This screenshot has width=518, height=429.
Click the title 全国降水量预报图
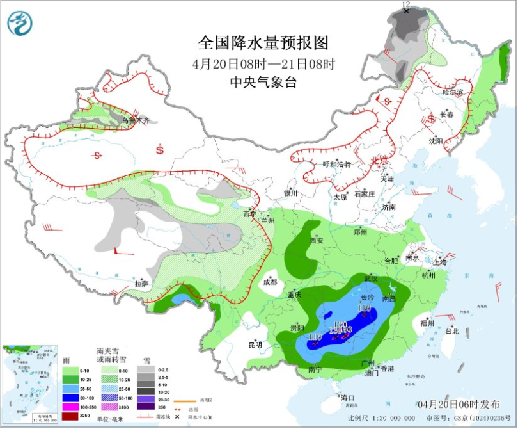[x=263, y=43]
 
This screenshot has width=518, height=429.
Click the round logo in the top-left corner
[x=19, y=24]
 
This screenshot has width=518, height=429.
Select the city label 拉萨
[x=141, y=284]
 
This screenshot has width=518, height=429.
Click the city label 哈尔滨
[x=452, y=92]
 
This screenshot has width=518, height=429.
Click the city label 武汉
[x=371, y=279]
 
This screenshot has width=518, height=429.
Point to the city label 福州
[x=428, y=323]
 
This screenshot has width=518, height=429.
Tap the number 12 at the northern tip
[x=405, y=4]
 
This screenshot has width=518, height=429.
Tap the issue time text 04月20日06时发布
[x=459, y=405]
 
